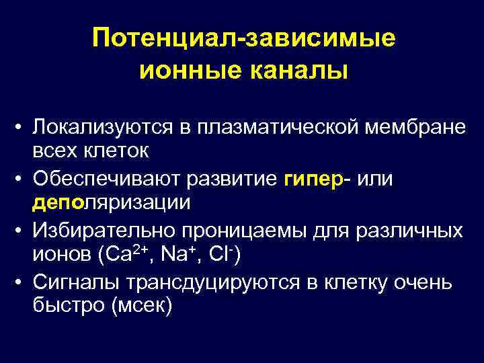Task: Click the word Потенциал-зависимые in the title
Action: tap(244, 38)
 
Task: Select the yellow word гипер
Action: tap(313, 179)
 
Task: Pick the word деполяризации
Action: tap(112, 203)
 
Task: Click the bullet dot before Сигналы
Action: tap(22, 282)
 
